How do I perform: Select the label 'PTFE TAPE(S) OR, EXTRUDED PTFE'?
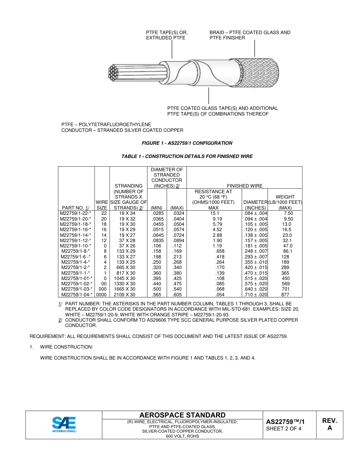point(167,35)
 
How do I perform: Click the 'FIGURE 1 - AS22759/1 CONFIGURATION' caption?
point(187,143)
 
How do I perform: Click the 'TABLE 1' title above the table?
point(187,156)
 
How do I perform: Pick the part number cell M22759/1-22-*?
point(75,213)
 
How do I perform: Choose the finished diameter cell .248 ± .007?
point(255,251)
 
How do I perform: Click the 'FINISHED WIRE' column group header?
point(244,186)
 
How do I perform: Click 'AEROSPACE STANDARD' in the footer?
point(182,415)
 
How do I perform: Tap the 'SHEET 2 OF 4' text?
point(283,429)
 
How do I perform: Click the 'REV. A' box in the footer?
point(329,424)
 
